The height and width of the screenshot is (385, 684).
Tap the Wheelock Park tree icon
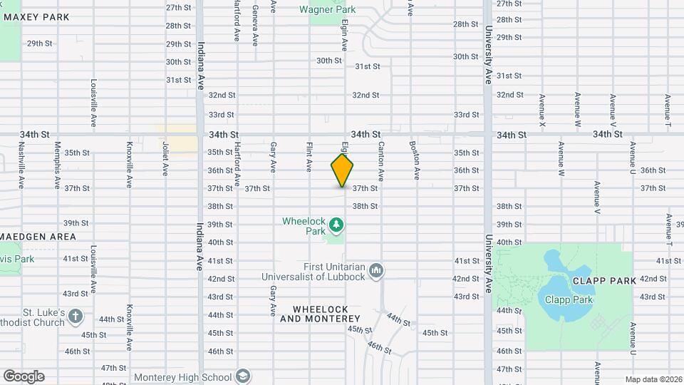coord(336,226)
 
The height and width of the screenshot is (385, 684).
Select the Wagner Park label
coord(327,10)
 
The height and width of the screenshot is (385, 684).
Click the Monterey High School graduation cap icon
coord(242,376)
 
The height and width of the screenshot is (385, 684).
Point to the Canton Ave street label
coord(381,161)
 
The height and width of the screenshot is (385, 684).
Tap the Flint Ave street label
coord(309,157)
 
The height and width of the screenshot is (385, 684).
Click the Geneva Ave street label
coord(255,24)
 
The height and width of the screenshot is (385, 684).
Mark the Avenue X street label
coord(542,111)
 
